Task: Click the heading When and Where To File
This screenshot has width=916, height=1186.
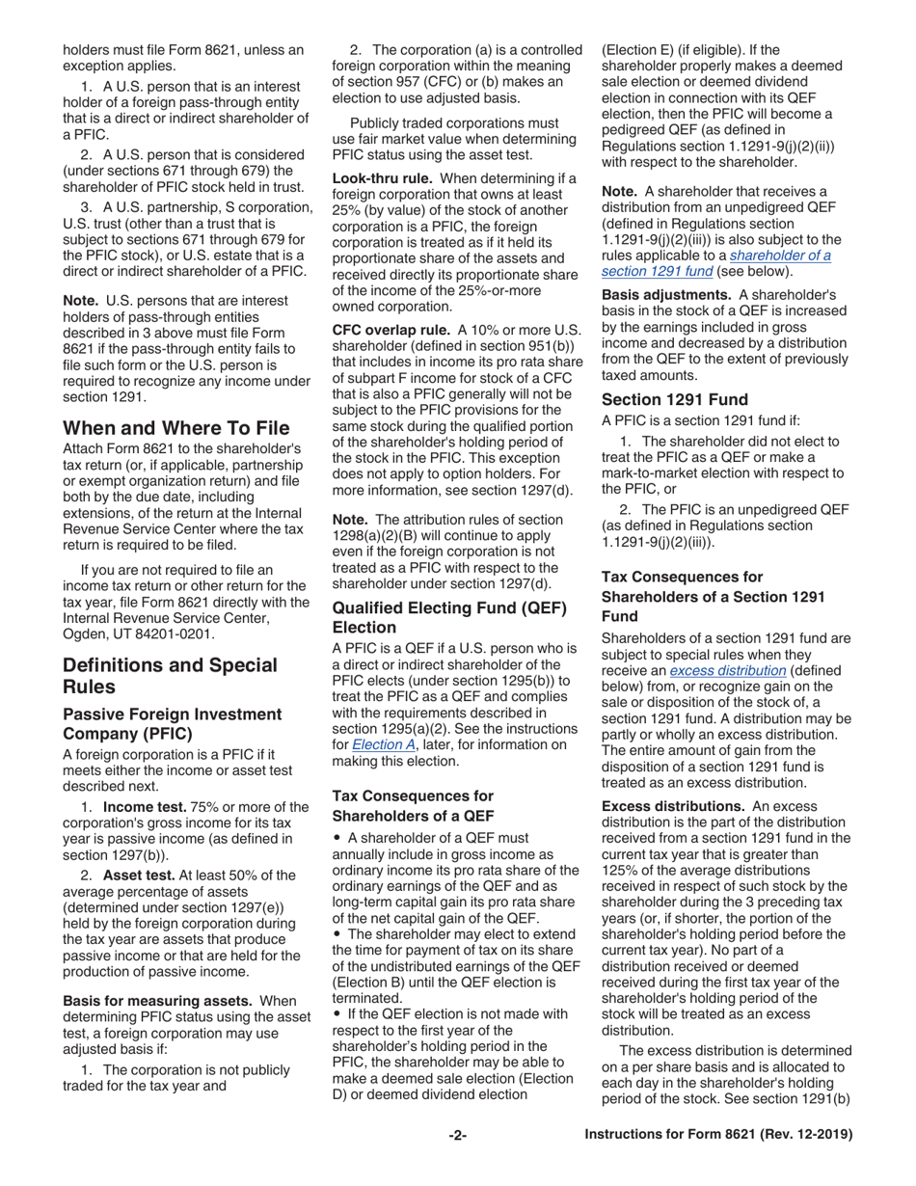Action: (175, 427)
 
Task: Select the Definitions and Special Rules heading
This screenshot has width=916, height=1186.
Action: (170, 676)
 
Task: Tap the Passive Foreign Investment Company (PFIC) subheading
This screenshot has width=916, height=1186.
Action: (172, 724)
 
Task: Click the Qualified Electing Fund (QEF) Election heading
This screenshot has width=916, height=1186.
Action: (449, 617)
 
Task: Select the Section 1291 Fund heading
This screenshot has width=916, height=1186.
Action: (674, 399)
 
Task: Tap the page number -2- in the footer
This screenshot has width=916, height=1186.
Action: (457, 1136)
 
